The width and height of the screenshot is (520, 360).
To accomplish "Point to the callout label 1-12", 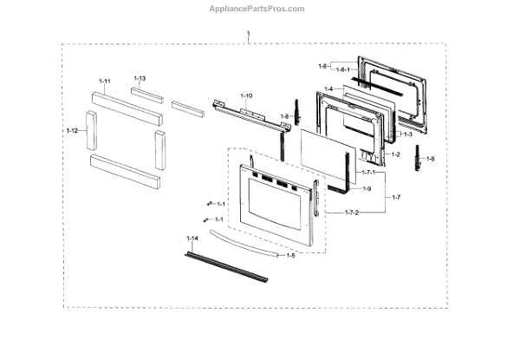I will coord(72,130).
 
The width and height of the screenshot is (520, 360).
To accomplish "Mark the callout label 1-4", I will coord(328,88).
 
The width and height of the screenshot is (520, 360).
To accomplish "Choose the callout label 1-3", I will coord(406,134).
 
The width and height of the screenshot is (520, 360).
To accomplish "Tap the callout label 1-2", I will coord(396,154).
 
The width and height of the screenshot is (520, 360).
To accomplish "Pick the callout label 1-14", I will coord(192,238).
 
